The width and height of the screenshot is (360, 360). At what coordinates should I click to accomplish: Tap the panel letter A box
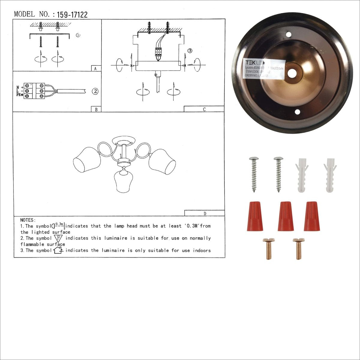coord(96,68)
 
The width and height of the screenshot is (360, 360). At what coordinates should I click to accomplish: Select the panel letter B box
coord(96,109)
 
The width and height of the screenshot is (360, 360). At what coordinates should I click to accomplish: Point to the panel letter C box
coord(204,109)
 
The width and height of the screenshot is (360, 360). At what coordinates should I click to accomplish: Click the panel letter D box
coord(205,213)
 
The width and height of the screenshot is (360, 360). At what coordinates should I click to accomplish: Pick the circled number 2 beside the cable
coord(95,91)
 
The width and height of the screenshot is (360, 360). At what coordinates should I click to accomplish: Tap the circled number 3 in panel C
coord(190,51)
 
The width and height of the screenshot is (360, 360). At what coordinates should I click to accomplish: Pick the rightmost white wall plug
coord(330,175)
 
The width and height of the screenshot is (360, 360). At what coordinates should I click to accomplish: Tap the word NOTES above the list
coord(28,220)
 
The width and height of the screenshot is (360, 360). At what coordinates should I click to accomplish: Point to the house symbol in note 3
coord(58,250)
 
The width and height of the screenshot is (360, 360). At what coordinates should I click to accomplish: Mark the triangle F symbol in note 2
coord(58,238)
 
